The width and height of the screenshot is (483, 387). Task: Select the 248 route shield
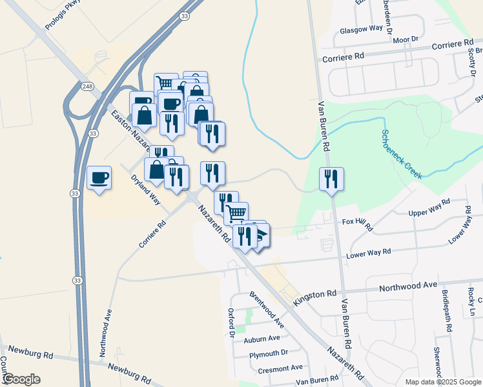pyautogui.click(x=88, y=86)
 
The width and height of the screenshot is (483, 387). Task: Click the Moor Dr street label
pyautogui.click(x=406, y=40)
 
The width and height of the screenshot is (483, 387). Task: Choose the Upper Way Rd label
pyautogui.click(x=429, y=208)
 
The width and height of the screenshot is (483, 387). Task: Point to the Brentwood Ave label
pyautogui.click(x=267, y=309)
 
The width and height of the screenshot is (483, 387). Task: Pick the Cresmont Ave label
pyautogui.click(x=280, y=368)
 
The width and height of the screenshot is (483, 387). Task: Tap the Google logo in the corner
pyautogui.click(x=21, y=379)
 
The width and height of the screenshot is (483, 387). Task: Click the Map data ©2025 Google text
pyautogui.click(x=442, y=382)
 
